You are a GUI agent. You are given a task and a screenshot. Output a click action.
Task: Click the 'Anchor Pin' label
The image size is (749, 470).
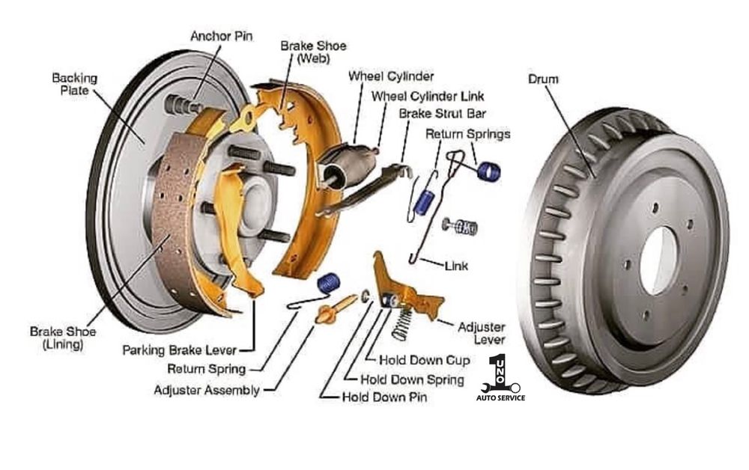(221, 35)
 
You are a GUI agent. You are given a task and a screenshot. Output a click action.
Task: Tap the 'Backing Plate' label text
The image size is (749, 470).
(74, 83)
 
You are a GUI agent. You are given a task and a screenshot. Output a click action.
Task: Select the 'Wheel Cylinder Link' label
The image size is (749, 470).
(428, 96)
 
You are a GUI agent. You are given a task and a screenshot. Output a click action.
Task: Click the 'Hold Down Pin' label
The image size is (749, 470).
(384, 397)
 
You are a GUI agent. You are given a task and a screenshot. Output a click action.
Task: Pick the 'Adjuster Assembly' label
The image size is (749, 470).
(207, 390)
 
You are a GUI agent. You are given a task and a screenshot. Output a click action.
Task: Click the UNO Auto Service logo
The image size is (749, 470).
(500, 378)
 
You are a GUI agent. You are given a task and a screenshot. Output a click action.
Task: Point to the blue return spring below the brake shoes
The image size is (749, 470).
(328, 283)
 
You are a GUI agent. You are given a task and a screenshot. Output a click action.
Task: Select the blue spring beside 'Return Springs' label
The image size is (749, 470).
(489, 173)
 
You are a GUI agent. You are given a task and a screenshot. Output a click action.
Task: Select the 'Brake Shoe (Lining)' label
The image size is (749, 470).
(57, 338)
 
